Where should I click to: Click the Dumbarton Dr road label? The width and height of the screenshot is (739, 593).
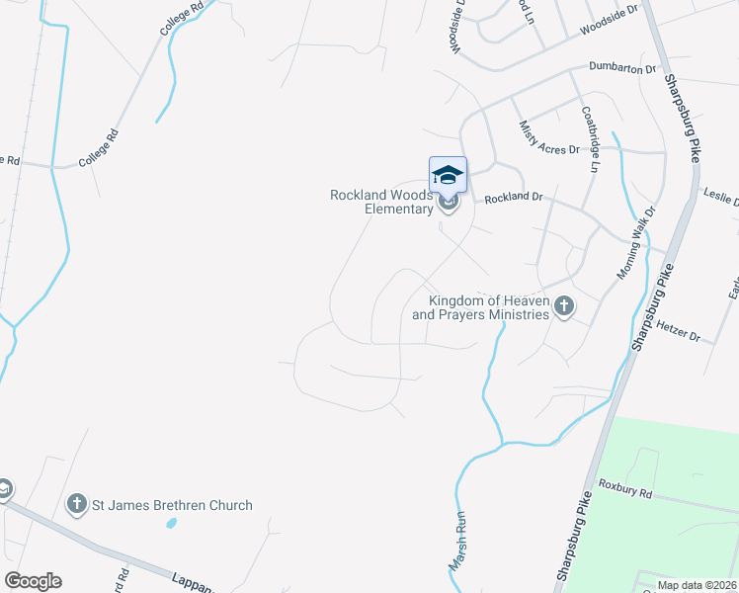click(x=622, y=69)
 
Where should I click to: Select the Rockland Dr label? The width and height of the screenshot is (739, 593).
click(x=514, y=198)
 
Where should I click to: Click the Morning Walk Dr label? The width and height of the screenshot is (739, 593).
click(x=635, y=242)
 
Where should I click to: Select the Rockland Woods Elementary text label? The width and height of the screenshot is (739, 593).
click(x=381, y=202)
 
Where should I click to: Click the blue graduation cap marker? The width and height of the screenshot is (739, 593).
click(x=448, y=174)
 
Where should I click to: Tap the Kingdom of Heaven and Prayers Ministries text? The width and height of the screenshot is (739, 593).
click(x=480, y=307)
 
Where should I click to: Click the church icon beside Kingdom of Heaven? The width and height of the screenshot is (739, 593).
click(x=564, y=306)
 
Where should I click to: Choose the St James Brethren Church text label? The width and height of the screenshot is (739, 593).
click(x=172, y=505)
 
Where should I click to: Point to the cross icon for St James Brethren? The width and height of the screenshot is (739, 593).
click(x=77, y=505)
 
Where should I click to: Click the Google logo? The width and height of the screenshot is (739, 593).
click(x=33, y=581)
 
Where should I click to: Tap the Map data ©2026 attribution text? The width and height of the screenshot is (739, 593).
click(x=696, y=584)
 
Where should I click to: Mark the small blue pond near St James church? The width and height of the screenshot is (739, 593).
click(x=171, y=521)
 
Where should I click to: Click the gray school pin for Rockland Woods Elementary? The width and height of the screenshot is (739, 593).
click(x=449, y=204)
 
